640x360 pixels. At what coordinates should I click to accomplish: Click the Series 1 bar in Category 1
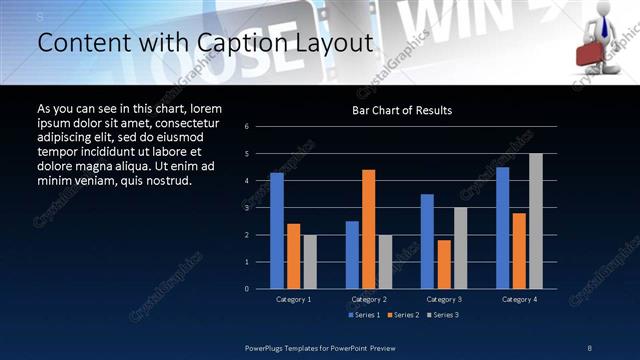tap(277, 231)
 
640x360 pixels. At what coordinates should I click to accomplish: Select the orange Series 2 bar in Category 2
tap(369, 229)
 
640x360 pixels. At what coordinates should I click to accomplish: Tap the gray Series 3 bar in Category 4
tap(536, 221)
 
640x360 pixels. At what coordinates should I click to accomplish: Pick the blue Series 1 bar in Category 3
tap(428, 241)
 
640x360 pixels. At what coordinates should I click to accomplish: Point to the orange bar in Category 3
tap(444, 264)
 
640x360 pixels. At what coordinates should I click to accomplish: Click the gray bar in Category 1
tap(310, 262)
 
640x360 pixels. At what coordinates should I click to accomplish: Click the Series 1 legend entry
tap(364, 315)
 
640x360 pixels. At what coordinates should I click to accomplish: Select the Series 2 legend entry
tap(402, 315)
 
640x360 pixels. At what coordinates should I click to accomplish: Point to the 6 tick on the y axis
tap(261, 126)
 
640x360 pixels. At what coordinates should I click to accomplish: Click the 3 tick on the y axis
tap(261, 208)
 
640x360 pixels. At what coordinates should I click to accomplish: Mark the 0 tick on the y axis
tap(261, 289)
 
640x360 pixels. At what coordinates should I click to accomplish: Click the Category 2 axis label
tap(369, 299)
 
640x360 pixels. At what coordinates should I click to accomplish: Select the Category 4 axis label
tap(519, 299)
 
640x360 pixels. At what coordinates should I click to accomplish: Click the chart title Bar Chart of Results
tap(403, 110)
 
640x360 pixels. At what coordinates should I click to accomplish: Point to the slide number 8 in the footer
tap(590, 347)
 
